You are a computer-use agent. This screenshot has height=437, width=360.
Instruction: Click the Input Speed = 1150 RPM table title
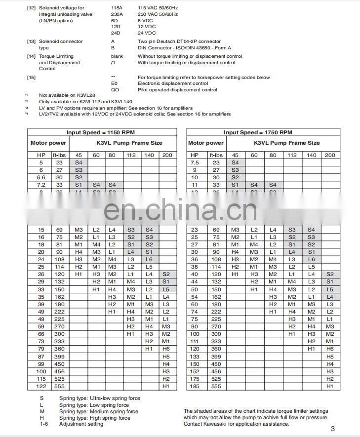[101, 132]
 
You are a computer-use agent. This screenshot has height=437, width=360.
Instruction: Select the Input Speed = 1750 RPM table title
[258, 132]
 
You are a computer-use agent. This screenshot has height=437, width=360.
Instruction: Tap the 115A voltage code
[117, 8]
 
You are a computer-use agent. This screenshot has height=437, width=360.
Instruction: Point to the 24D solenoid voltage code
[116, 33]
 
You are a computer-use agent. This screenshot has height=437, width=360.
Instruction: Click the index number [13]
[31, 41]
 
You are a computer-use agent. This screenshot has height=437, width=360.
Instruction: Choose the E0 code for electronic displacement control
[115, 83]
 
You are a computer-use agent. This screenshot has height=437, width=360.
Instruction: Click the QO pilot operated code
[115, 90]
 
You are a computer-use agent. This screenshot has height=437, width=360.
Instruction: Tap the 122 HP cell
[41, 386]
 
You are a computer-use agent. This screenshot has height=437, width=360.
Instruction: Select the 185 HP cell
[195, 386]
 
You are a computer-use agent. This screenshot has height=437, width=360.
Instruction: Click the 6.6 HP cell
[41, 177]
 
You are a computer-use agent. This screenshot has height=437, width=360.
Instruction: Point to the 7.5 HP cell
[195, 162]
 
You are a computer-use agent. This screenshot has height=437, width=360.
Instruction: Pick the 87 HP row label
[41, 357]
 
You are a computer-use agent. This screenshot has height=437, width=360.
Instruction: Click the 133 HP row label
[195, 357]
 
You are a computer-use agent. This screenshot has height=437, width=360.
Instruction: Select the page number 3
[333, 429]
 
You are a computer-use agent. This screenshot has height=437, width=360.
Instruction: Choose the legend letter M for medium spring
[42, 411]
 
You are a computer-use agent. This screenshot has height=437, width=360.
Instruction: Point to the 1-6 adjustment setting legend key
[44, 424]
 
